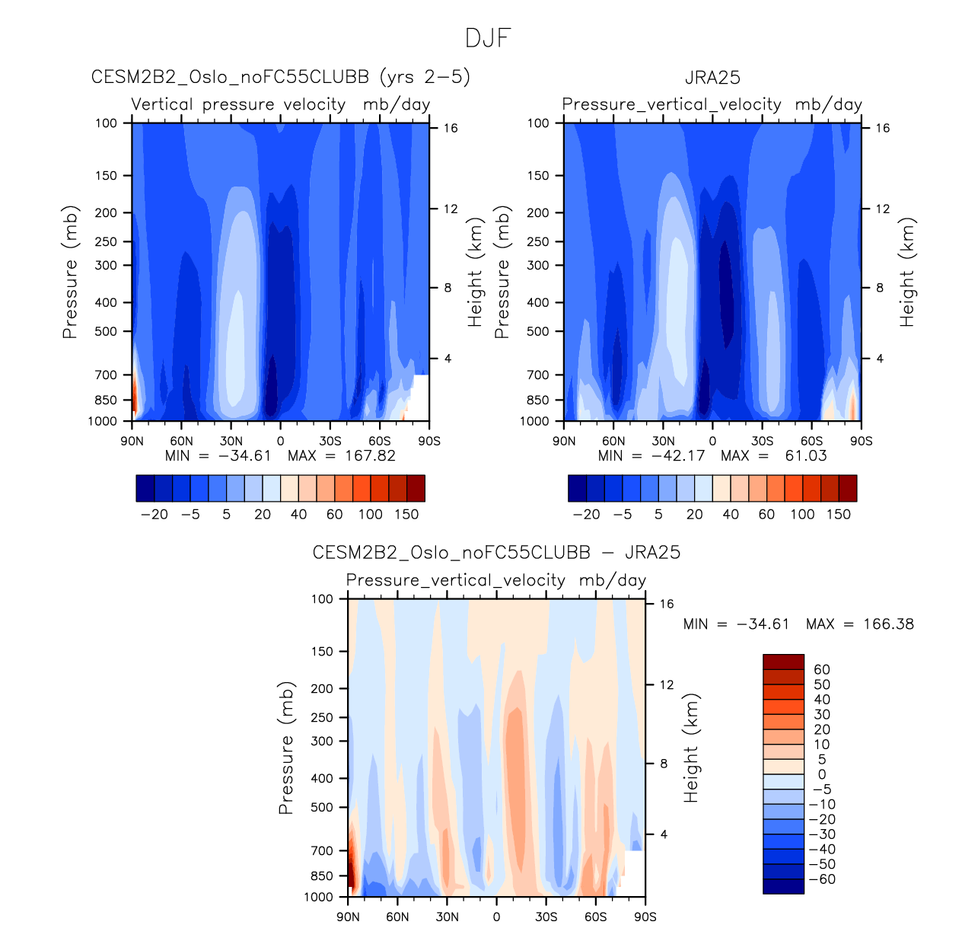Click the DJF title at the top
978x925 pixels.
coord(488,38)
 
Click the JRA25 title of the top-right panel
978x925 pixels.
coord(712,78)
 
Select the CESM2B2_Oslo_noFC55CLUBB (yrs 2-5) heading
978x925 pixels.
coord(280,77)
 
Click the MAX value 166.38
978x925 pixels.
coord(888,624)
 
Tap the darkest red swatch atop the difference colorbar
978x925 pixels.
coord(783,662)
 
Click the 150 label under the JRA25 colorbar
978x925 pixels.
coord(838,515)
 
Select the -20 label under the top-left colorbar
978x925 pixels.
coord(155,515)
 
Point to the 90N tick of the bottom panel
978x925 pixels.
coord(349,917)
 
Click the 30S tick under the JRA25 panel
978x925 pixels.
coord(762,441)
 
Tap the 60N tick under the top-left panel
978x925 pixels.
coord(181,441)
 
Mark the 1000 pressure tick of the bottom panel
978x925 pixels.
coord(318,897)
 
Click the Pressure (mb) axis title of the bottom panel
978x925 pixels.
coord(286,748)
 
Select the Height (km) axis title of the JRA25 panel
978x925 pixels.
coord(907,272)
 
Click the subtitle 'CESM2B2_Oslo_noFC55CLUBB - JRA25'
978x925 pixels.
coord(496,553)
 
